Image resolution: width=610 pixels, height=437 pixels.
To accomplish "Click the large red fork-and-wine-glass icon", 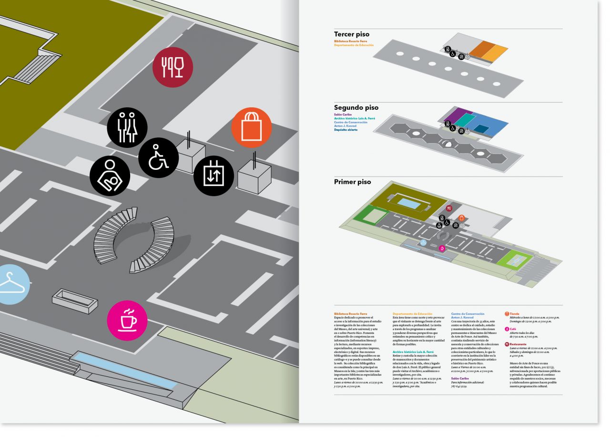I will pos(173,68).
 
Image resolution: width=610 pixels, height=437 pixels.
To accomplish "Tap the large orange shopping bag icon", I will pos(251,127).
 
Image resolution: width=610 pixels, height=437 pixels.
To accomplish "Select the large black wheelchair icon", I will pos(158,158).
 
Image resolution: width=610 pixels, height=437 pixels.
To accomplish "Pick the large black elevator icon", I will pos(213,176).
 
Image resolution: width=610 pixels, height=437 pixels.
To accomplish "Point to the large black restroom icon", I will pos(127,127).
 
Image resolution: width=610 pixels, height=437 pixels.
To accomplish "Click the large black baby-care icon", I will pos(110,176).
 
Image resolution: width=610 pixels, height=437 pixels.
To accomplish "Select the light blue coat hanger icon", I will pos(10,284).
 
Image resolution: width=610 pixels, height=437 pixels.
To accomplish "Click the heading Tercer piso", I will pos(351,34).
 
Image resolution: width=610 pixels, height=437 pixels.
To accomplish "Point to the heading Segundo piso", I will pos(356,108).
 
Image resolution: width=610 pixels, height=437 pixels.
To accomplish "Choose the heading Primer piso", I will pos(352,182).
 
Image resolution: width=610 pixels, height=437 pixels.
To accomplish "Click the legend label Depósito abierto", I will pos(346,130).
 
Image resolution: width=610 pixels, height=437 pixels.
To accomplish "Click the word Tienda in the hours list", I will pos(515,314).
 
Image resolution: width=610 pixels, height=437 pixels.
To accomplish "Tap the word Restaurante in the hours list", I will pos(518,344).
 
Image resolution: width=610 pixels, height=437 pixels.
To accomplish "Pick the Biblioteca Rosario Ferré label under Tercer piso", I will pos(350,42).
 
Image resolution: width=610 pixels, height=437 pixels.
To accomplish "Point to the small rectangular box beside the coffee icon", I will pos(75,301).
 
